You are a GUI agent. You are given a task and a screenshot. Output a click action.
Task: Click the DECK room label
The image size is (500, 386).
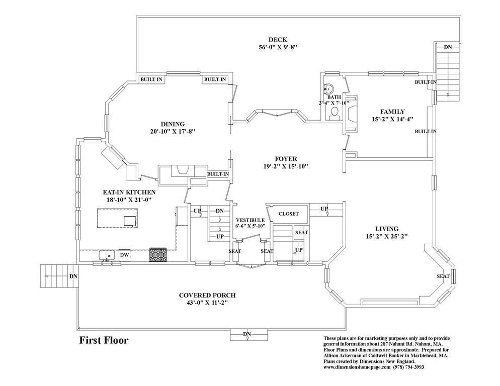278,40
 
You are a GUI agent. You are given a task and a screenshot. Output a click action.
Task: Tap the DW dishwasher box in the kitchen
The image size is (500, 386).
124,255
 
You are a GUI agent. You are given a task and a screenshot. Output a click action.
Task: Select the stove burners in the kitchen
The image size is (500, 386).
158,255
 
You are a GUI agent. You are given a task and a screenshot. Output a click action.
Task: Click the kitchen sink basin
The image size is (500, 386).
107,256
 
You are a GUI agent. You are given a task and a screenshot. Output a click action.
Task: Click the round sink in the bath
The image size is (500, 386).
329,88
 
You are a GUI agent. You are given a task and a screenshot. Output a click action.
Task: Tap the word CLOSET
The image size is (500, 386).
289,214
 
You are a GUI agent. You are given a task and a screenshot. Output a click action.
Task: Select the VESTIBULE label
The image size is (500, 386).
251,220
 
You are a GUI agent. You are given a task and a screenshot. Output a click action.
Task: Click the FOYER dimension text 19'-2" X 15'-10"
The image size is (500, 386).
282,166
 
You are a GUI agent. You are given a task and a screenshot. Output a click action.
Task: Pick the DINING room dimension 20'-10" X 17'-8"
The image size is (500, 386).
173,131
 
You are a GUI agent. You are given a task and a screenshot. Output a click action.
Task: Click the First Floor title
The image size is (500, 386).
104,340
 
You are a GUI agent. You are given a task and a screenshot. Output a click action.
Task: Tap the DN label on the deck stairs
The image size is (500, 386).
448,47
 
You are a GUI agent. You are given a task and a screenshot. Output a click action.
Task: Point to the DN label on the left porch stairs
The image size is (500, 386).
73,276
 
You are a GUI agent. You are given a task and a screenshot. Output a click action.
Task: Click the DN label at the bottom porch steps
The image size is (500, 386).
247,334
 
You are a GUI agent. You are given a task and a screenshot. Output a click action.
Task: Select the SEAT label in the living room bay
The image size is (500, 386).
443,276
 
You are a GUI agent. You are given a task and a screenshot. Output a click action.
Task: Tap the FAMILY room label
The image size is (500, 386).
392,112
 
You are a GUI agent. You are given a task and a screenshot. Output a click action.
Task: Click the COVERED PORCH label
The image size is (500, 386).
207,296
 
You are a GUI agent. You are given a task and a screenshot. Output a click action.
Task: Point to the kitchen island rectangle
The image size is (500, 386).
118,218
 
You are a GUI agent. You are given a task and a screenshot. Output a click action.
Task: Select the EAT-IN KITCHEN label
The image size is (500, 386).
129,192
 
